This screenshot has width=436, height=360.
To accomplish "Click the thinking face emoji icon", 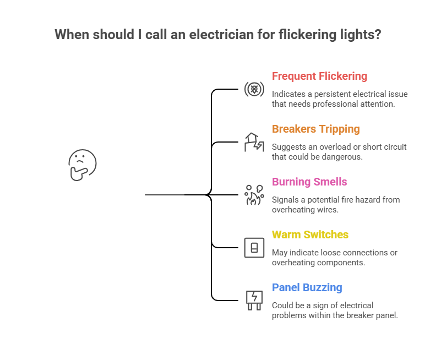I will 82,165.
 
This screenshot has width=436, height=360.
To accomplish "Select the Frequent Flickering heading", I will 319,76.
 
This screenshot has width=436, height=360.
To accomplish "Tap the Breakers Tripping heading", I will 315,129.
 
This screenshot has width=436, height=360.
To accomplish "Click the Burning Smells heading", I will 309,182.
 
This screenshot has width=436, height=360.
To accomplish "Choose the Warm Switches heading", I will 310,234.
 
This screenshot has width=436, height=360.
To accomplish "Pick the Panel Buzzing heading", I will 307,287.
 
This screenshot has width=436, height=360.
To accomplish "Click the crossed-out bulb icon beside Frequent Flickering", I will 254,89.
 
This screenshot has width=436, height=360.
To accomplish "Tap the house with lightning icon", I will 254,142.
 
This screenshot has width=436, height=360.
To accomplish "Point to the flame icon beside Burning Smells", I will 254,195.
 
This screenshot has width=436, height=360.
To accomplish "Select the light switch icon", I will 254,248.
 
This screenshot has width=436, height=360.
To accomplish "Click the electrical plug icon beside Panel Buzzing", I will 254,301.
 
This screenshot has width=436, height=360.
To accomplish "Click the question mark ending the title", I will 378,35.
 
